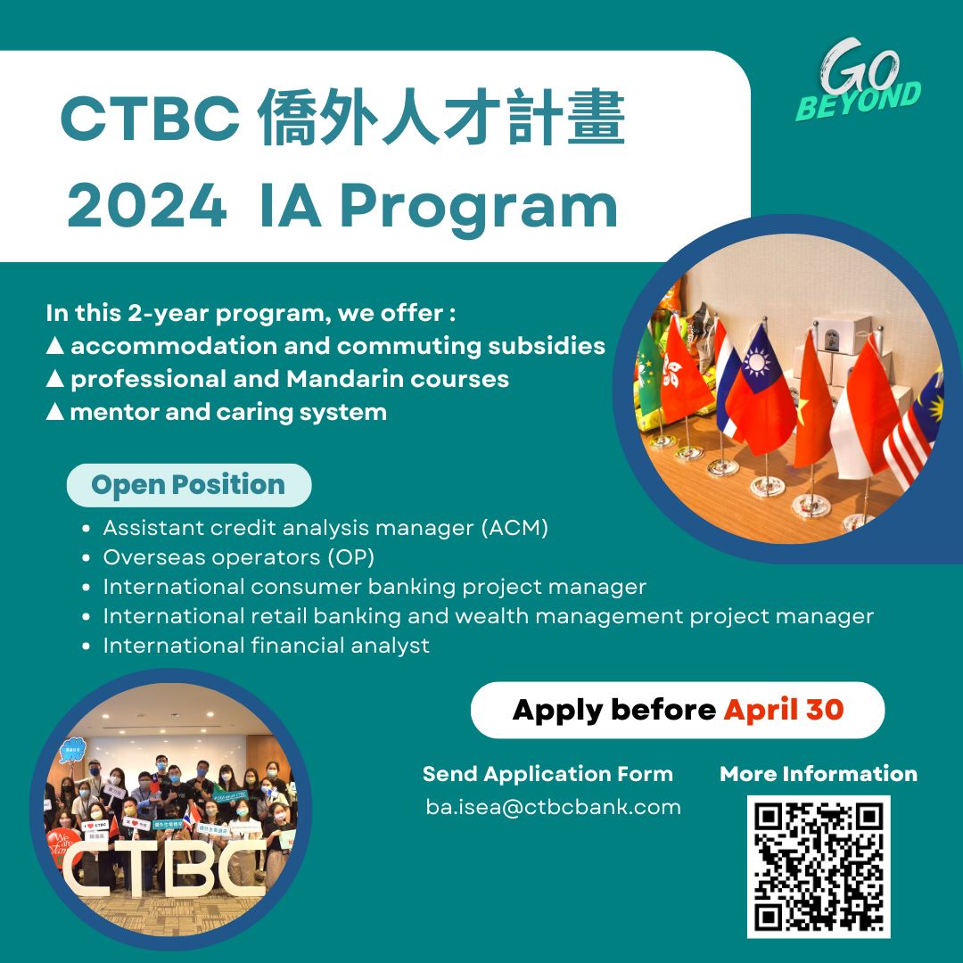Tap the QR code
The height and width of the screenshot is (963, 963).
819,866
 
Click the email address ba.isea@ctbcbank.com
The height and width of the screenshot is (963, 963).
553,808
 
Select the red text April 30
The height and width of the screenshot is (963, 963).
784,710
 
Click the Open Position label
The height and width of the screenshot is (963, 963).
188,485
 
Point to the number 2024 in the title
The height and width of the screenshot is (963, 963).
147,207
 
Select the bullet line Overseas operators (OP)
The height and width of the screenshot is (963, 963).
238,557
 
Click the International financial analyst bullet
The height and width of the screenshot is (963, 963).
266,645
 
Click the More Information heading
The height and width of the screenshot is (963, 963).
819,774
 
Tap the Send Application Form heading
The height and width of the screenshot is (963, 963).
547,774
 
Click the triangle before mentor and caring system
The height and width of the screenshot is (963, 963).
54,413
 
